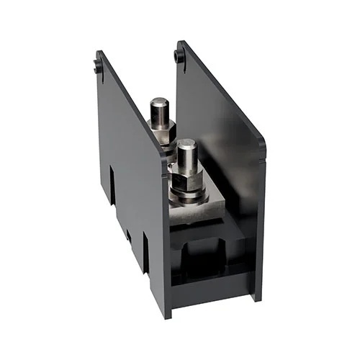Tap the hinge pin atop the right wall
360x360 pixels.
click(x=179, y=55)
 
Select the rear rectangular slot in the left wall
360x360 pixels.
click(x=112, y=184)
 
